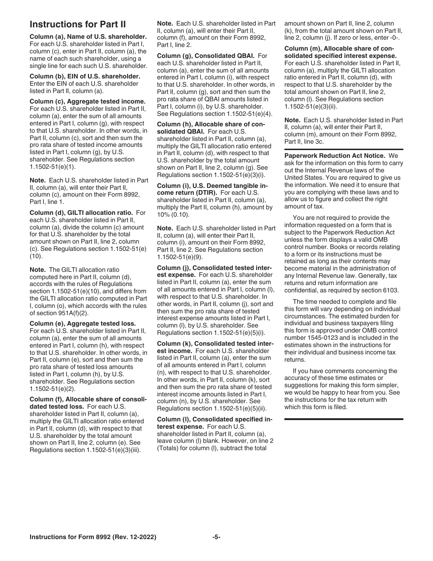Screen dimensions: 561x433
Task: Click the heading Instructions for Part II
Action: point(77,25)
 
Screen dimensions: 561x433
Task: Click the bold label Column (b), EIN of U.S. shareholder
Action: point(85,76)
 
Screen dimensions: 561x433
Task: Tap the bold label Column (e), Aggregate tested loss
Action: point(82,323)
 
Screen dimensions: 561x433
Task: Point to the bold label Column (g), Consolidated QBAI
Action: point(206,56)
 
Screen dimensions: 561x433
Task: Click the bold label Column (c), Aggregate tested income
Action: point(88,101)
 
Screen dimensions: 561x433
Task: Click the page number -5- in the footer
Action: point(216,537)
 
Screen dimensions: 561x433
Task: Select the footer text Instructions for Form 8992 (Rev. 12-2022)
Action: point(93,537)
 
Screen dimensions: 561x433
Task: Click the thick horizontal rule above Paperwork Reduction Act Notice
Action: point(344,149)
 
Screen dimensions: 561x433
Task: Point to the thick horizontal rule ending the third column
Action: point(344,419)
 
